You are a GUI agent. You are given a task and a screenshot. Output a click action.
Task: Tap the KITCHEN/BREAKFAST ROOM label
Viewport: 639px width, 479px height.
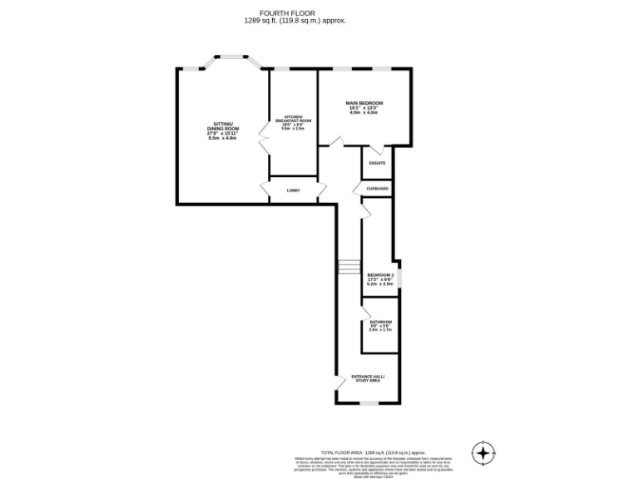(292, 122)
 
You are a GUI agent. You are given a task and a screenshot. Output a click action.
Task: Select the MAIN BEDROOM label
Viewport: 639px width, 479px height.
(364, 106)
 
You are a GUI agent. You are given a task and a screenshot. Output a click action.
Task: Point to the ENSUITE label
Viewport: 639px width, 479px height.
(377, 163)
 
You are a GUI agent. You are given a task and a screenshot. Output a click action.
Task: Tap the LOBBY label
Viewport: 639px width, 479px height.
(293, 190)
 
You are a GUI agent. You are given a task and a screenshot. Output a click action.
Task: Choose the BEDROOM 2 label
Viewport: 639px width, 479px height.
(380, 279)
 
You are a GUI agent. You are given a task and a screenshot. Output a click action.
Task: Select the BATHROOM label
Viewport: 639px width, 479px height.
(380, 325)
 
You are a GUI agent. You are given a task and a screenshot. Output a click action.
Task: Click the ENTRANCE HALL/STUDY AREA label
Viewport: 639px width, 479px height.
(368, 378)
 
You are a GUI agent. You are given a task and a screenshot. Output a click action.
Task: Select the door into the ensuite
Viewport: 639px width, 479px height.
(377, 151)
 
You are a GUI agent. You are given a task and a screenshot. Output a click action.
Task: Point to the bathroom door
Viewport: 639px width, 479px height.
(364, 314)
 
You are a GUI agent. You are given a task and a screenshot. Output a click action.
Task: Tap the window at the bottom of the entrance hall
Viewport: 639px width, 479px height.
(368, 404)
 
